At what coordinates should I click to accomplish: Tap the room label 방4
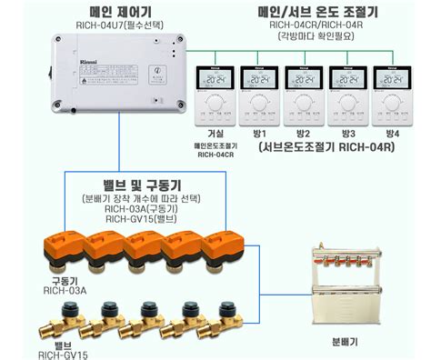point(392,133)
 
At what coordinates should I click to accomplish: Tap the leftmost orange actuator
point(63,249)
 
